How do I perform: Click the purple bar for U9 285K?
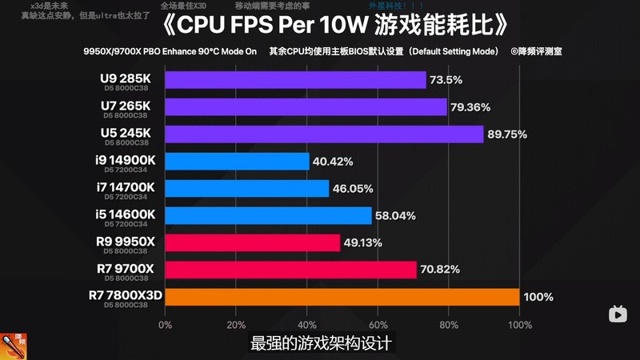coord(295,80)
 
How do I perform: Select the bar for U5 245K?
coord(324,134)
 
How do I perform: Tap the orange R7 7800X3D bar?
coord(342,297)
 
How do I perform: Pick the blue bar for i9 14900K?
coord(237,162)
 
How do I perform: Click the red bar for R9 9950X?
coord(252,242)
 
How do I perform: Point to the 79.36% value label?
coord(471,107)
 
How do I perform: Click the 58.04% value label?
coord(395,216)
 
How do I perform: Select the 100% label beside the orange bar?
coord(538,297)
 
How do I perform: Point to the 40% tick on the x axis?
coord(306,325)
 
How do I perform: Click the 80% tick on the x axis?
coord(448,325)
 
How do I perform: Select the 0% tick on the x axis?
coord(165,325)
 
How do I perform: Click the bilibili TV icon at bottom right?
coord(619,314)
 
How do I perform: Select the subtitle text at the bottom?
coord(320,343)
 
